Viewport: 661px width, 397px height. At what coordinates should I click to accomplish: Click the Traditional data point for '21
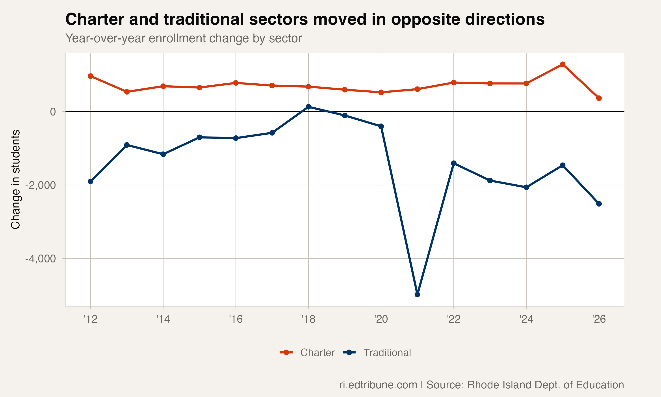(x=417, y=294)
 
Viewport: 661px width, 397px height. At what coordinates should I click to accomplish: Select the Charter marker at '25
(x=563, y=64)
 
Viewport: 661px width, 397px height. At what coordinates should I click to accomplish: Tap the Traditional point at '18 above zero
(x=308, y=107)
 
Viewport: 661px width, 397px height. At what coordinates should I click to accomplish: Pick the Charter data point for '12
(x=91, y=76)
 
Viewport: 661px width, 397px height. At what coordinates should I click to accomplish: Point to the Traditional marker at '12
(x=91, y=181)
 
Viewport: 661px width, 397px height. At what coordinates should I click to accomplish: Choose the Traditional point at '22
(x=454, y=163)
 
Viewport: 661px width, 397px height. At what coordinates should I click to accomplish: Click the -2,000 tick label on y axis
(x=41, y=185)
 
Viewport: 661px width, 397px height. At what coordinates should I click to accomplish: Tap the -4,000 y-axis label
(x=41, y=259)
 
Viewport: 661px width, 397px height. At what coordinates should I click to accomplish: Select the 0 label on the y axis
(x=53, y=112)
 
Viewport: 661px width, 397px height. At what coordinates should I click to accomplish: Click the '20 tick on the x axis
(x=381, y=319)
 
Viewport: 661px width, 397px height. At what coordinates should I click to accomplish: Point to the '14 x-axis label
(x=163, y=319)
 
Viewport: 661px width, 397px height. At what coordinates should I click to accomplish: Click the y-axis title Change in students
(x=15, y=179)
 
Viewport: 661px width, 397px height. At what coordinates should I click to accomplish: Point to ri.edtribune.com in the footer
(x=378, y=385)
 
